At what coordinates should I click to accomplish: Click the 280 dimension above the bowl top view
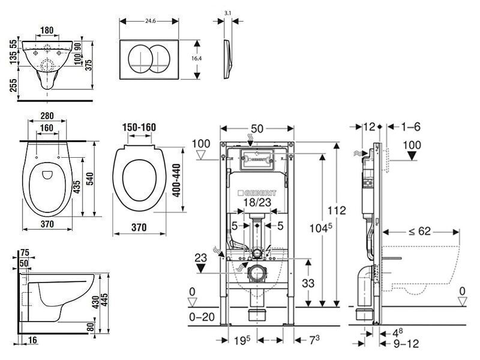point(48,116)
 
